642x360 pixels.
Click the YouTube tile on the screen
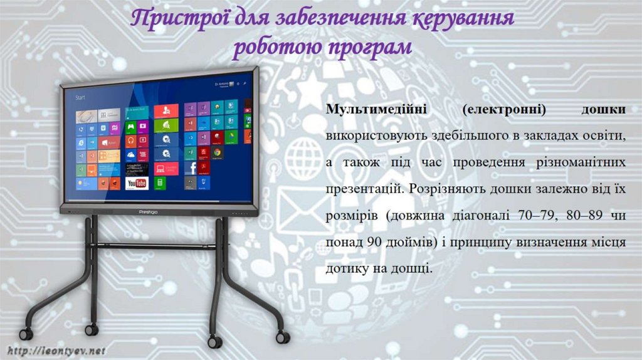coord(137,183)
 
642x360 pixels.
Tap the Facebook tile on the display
coord(190,167)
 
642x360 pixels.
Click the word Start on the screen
coord(80,98)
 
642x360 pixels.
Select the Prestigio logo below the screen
coord(147,212)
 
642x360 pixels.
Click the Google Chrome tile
coord(217,152)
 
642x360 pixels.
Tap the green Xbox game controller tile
coord(130,127)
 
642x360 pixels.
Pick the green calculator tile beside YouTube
coord(159,183)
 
